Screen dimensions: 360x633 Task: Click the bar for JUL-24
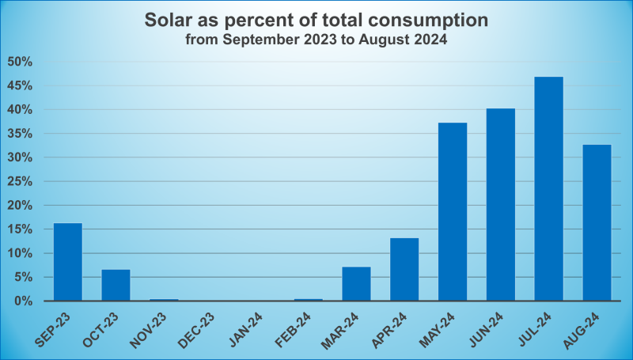click(x=548, y=189)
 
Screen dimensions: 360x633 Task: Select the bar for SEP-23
click(x=68, y=262)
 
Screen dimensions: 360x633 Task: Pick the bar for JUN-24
click(x=501, y=205)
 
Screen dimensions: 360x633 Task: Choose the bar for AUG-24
click(x=597, y=223)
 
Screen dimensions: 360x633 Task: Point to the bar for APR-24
click(x=404, y=270)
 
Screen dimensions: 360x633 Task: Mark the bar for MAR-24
click(x=356, y=284)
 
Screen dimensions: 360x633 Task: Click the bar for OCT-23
click(x=116, y=286)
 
